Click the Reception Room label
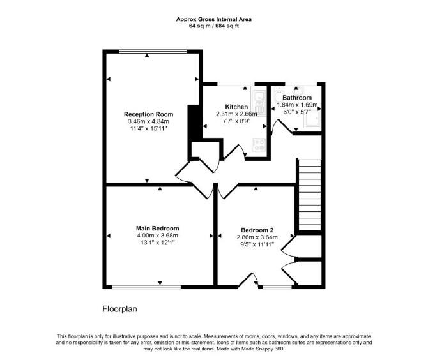point(148,114)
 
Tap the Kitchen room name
point(236,107)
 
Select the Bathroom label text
point(297,98)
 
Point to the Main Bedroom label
point(158,229)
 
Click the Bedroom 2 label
point(257,230)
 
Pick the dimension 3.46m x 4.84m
point(148,121)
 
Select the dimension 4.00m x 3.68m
point(158,236)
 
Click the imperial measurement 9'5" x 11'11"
point(257,244)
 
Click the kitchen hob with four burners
point(259,145)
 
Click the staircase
point(310,195)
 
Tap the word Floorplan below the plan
point(119,309)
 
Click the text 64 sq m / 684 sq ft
point(214,26)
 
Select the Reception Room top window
point(153,51)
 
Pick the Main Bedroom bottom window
point(146,287)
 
